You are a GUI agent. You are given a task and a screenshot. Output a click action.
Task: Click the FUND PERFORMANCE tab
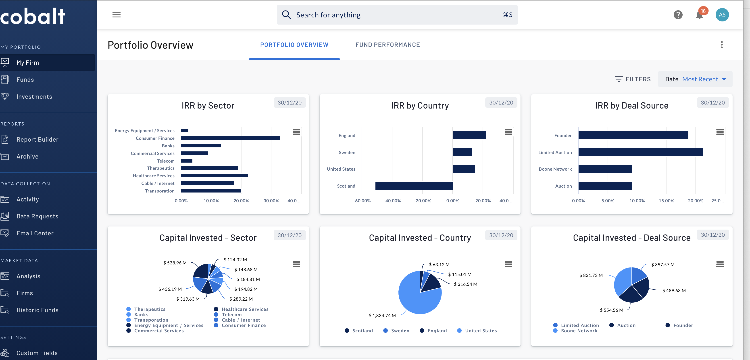(387, 45)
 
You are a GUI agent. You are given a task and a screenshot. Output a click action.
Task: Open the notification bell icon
(699, 15)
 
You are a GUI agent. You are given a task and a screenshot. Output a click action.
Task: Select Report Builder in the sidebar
(37, 140)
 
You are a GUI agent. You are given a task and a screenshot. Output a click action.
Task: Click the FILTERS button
(632, 79)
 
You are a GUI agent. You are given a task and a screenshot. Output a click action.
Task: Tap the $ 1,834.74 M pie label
(382, 315)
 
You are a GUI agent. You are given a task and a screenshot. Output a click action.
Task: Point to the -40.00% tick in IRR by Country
(392, 201)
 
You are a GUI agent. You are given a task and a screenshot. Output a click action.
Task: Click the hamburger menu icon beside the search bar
(117, 15)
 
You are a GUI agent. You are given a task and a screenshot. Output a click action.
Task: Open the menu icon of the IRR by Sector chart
(296, 132)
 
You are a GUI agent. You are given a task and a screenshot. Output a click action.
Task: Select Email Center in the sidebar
(35, 233)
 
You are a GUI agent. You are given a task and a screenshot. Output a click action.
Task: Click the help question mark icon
(678, 15)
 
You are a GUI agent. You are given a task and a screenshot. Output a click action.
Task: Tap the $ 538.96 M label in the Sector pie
(175, 263)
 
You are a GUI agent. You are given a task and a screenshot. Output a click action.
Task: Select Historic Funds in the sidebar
(37, 310)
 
